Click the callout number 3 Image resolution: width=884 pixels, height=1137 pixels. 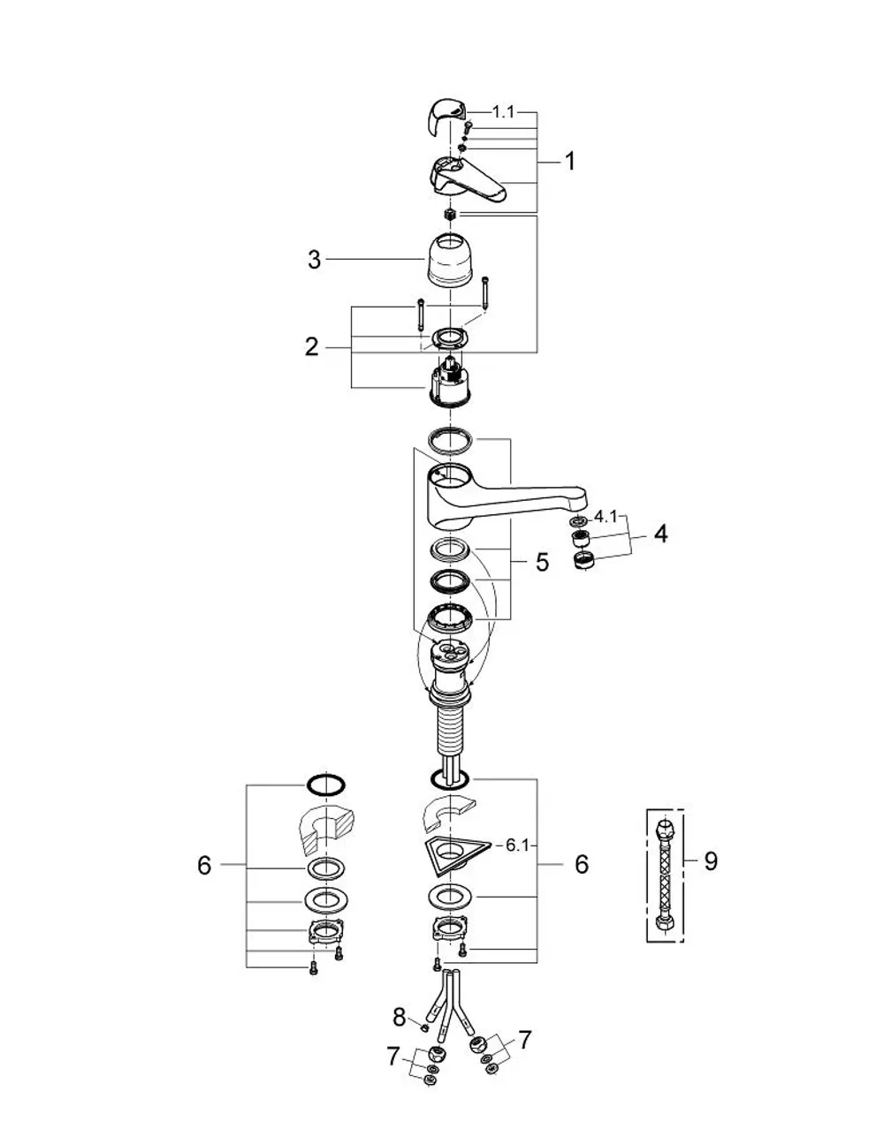click(314, 260)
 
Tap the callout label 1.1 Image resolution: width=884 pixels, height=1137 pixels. click(503, 112)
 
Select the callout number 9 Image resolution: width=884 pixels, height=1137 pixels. click(710, 860)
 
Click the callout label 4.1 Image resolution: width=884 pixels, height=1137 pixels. click(606, 518)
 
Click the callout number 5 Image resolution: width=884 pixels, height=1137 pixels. click(542, 563)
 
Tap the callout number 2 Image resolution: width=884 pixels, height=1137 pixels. click(311, 347)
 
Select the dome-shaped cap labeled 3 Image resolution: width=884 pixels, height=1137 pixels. click(450, 259)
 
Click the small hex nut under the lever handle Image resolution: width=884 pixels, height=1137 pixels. click(450, 214)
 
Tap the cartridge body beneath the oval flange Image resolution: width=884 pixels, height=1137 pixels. click(450, 381)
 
